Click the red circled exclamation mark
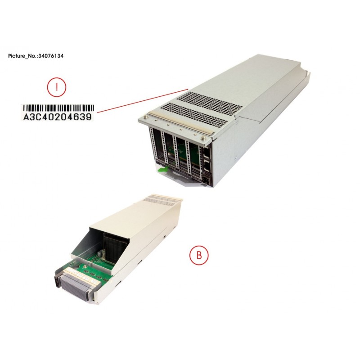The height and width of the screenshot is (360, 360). coord(57,87)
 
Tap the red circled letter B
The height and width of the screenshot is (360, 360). coord(199,255)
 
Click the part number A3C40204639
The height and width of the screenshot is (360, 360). coord(58,117)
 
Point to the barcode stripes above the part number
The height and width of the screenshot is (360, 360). coord(59,108)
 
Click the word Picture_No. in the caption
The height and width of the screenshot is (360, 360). coord(23,56)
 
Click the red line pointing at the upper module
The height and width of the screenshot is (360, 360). coord(143,101)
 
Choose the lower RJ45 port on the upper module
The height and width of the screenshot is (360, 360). coord(207,166)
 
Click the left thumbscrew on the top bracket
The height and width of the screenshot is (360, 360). coord(145,117)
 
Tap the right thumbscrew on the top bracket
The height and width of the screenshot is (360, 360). coord(203,138)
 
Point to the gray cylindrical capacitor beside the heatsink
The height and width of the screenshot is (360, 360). coord(99,253)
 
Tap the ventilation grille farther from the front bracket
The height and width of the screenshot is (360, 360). coord(209,102)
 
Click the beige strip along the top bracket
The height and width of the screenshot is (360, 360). coord(181,123)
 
